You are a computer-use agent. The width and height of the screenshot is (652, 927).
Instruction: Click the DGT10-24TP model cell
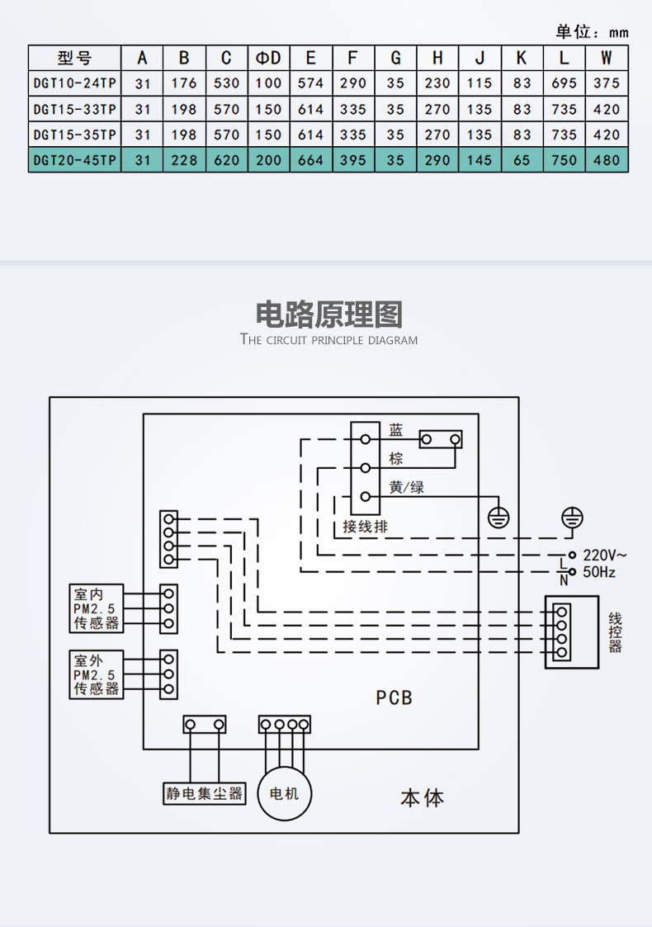tap(74, 83)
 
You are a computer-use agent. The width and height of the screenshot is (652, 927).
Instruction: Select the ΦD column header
tap(269, 58)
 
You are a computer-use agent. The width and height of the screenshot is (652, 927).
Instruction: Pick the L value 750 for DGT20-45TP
tap(564, 160)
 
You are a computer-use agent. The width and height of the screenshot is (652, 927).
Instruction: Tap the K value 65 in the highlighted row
tap(522, 160)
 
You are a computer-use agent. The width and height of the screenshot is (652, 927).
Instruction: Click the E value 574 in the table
tap(310, 83)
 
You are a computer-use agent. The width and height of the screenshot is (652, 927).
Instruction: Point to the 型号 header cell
tap(74, 58)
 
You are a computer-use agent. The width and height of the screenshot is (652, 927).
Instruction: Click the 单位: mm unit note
tap(592, 32)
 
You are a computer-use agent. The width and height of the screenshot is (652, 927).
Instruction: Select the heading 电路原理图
tap(328, 315)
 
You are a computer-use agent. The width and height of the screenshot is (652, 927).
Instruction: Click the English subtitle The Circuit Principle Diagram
tap(328, 340)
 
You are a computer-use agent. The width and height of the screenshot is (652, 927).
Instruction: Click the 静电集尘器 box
tap(205, 794)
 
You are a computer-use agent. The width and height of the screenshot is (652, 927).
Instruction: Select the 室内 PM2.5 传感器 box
tap(97, 609)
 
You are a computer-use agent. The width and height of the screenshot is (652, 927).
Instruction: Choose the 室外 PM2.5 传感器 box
tap(97, 674)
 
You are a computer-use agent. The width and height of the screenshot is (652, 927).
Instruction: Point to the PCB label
tap(394, 698)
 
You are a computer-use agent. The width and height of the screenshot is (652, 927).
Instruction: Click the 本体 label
tap(422, 798)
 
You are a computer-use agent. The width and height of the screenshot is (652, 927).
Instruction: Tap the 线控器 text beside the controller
tap(615, 632)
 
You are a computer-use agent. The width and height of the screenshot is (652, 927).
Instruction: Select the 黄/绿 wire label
tap(406, 487)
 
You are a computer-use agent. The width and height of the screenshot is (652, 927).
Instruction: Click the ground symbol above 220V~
tap(572, 518)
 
